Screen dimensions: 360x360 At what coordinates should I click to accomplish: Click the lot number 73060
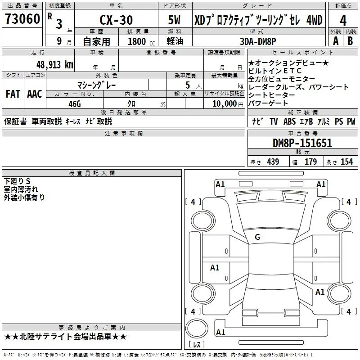tap(22, 19)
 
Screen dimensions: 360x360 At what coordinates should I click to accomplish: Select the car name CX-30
tap(116, 20)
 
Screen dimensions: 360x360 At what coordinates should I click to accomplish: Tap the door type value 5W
tap(174, 20)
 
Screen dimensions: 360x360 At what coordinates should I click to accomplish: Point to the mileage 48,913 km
tap(55, 65)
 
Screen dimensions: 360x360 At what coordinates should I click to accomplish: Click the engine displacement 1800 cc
tap(141, 41)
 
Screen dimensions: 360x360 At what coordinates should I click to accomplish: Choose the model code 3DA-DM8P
tap(258, 41)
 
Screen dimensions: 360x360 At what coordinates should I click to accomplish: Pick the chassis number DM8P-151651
tap(302, 143)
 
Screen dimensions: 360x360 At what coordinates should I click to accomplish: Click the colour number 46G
tap(75, 104)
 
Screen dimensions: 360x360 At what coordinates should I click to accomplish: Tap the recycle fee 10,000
tap(225, 103)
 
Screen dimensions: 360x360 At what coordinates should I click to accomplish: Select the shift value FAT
tap(13, 94)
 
